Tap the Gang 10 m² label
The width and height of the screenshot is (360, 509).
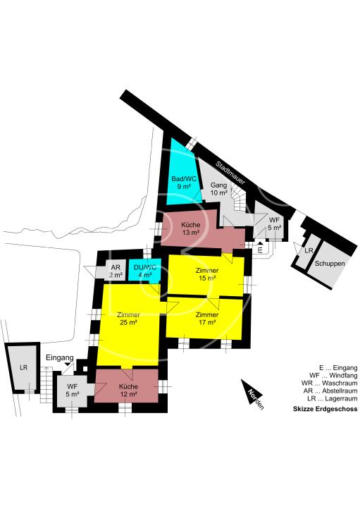pos(219,188)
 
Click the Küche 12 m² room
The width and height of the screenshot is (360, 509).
pos(128,391)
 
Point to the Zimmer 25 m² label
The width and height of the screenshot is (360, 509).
pos(128,318)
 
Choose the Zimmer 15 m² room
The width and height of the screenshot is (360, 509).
pos(207,274)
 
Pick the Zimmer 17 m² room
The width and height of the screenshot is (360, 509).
pos(206,318)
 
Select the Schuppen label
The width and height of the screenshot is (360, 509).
pos(330,264)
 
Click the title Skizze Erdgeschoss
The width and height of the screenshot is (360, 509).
pos(325,410)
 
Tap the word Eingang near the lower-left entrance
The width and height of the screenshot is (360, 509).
pos(59,358)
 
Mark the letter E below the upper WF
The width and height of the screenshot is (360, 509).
pos(259,250)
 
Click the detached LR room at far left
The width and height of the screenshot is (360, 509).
pos(23,367)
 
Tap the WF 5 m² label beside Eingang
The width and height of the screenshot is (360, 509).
pos(72,391)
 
